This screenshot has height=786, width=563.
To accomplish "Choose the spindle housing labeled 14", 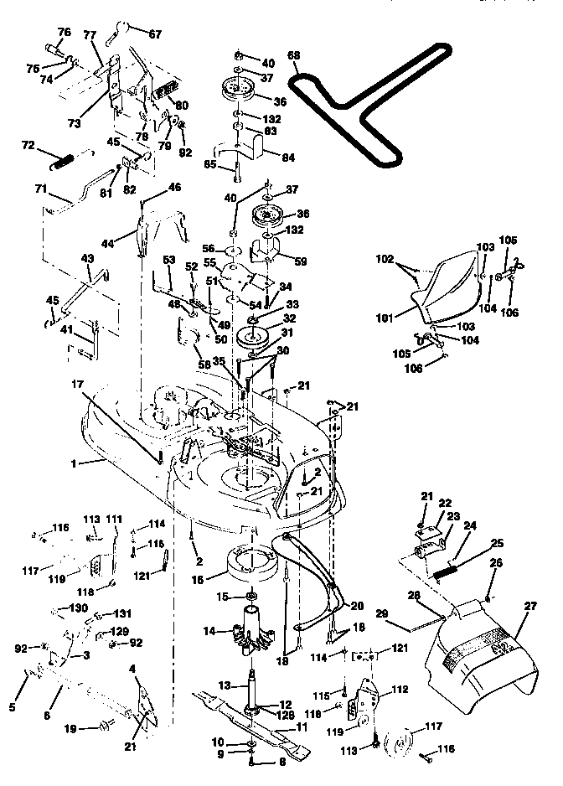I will point(251,631).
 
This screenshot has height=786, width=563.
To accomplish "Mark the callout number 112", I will point(400,690).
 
